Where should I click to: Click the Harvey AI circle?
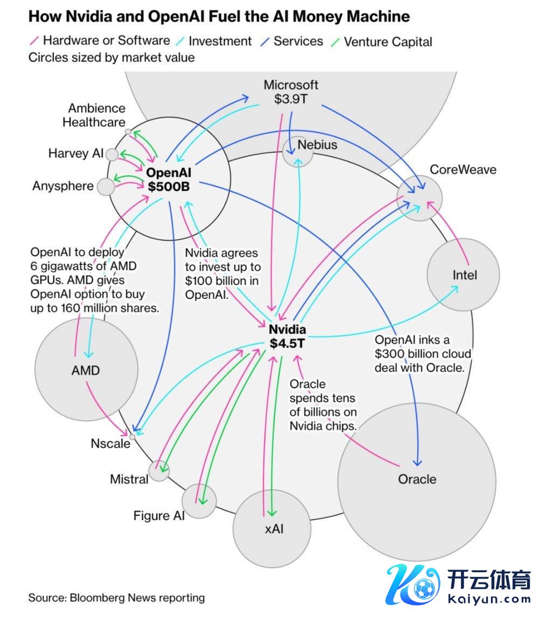tap(112, 155)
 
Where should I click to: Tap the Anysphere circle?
tap(106, 187)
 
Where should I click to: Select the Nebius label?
tap(317, 145)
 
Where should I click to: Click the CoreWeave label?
tap(462, 170)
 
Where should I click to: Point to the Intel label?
tap(465, 275)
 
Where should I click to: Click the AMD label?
tap(86, 371)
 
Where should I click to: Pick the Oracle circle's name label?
tap(417, 479)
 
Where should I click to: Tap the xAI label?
tap(274, 529)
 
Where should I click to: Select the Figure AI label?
tap(159, 516)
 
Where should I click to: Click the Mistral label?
tap(129, 479)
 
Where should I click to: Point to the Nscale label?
tap(110, 444)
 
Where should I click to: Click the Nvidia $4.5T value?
tap(288, 343)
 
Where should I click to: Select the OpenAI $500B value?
tap(169, 187)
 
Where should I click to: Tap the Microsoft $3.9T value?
tap(291, 99)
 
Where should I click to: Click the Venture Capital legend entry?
tap(388, 42)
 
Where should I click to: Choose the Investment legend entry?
tap(220, 41)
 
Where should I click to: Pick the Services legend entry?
tap(298, 41)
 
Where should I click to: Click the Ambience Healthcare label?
tap(94, 115)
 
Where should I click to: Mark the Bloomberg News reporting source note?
tap(116, 598)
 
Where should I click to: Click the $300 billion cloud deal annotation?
tap(423, 354)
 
